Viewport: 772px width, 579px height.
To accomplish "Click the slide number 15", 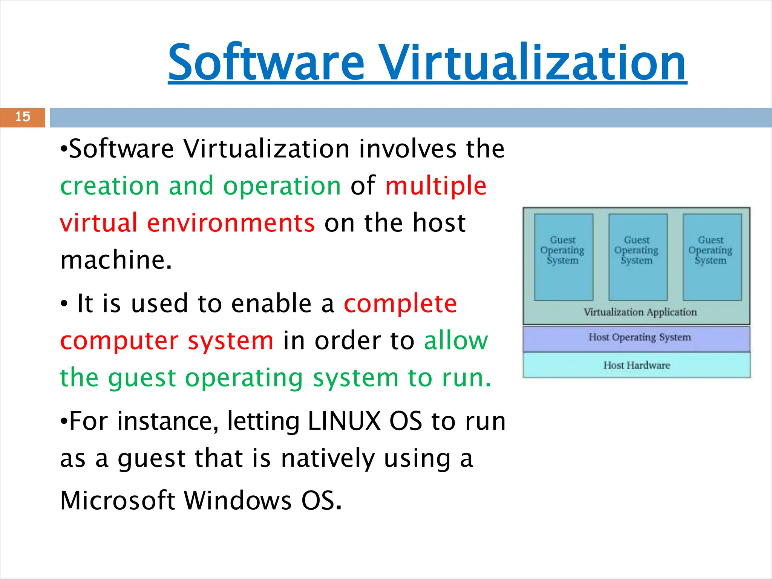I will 23,117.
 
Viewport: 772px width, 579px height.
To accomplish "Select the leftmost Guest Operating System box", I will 563,257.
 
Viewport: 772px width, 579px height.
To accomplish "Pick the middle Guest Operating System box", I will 637,257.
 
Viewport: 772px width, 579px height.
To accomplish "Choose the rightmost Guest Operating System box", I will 712,257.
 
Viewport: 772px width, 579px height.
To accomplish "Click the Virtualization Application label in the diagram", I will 640,312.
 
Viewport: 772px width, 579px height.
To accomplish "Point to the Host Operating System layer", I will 639,337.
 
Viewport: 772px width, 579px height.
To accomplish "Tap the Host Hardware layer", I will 636,365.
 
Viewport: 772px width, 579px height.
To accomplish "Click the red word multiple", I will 435,186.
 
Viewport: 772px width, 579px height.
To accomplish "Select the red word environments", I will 231,223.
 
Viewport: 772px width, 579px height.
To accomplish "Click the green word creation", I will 110,186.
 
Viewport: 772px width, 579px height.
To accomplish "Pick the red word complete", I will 400,304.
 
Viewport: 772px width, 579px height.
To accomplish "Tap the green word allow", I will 456,341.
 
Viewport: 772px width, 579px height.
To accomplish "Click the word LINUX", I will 344,421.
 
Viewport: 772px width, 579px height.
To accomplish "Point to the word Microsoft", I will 118,501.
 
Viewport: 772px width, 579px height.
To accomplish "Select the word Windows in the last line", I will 238,501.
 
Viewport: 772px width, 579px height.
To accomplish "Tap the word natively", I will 328,458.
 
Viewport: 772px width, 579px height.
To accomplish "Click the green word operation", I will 282,186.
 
